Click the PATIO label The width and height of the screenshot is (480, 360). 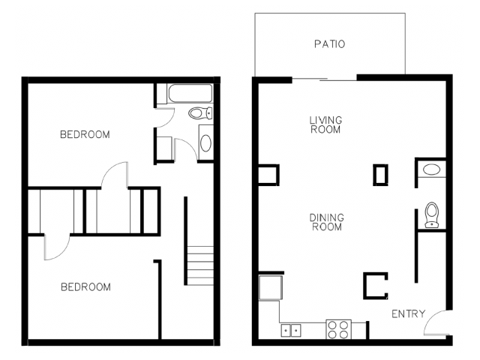[330, 44]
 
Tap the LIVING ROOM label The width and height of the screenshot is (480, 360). [325, 124]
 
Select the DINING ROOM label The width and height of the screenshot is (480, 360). [327, 222]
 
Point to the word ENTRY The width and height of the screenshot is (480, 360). [408, 313]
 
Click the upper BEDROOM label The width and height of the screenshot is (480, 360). [85, 134]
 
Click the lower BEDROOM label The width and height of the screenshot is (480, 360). [85, 286]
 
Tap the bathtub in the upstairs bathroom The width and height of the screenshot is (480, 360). [190, 93]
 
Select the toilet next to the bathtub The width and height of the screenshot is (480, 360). [200, 113]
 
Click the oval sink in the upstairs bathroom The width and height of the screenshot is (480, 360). [205, 142]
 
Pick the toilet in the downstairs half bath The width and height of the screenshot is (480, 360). [432, 215]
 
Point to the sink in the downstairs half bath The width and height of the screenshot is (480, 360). [431, 169]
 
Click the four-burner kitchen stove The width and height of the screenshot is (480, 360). [338, 329]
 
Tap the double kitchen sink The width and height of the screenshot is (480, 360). [291, 331]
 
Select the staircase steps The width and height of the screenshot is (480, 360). [200, 265]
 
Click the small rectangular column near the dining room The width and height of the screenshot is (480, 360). [380, 175]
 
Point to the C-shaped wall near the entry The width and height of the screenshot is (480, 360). [365, 286]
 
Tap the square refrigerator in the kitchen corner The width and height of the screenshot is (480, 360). [271, 287]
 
